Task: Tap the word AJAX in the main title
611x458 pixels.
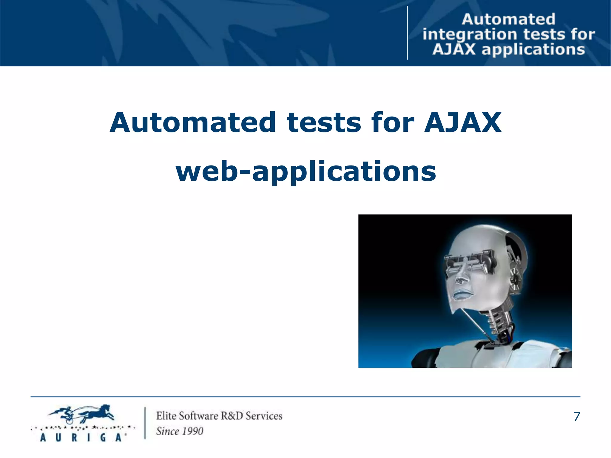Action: (463, 123)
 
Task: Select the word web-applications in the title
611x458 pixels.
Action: (306, 172)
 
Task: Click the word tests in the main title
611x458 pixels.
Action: (324, 123)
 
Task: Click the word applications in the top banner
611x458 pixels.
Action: (533, 50)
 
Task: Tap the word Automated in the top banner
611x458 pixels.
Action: (509, 19)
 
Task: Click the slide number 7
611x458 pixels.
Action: (576, 417)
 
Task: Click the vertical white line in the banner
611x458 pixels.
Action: (407, 33)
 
